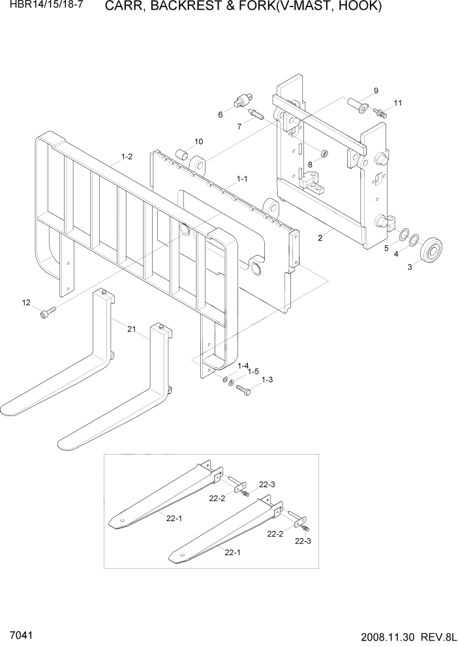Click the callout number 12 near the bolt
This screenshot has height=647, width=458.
(x=26, y=303)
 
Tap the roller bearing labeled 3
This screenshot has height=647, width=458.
(x=431, y=250)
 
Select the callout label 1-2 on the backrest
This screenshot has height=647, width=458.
(x=126, y=157)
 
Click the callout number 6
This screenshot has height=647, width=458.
(x=221, y=115)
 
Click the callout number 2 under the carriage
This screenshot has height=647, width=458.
(x=320, y=238)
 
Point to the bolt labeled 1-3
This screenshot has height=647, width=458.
(x=245, y=391)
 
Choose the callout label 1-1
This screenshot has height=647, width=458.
(x=241, y=178)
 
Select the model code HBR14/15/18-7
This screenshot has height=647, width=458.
(x=41, y=7)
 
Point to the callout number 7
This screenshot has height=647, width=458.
(x=240, y=127)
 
